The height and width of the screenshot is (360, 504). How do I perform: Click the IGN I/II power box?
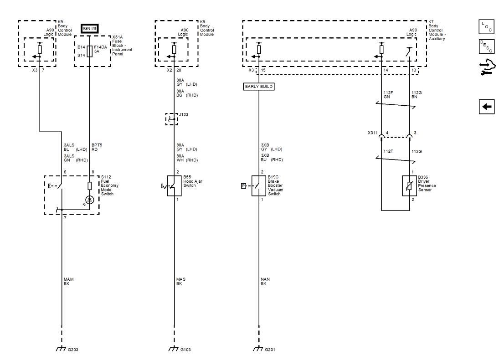pyautogui.click(x=89, y=29)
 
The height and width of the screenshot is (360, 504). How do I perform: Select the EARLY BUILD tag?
pyautogui.click(x=259, y=86)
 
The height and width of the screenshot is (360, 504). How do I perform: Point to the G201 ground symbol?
pyautogui.click(x=258, y=349)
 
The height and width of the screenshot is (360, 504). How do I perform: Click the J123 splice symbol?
pyautogui.click(x=171, y=119)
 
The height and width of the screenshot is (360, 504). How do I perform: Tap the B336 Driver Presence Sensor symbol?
pyautogui.click(x=409, y=185)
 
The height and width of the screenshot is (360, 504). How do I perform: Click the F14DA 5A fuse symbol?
pyautogui.click(x=89, y=51)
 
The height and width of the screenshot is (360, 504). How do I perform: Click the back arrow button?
pyautogui.click(x=487, y=107)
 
